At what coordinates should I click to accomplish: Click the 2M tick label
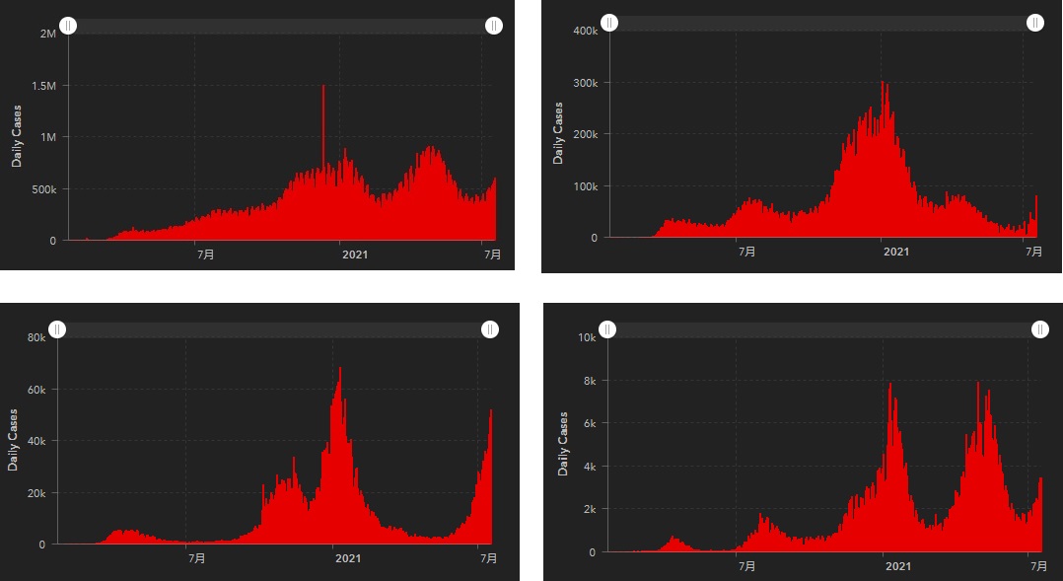[47, 34]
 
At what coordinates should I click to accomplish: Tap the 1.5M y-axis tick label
[42, 86]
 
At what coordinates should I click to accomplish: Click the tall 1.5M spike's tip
[322, 87]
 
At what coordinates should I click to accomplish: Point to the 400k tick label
[586, 31]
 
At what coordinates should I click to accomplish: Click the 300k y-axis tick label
[586, 83]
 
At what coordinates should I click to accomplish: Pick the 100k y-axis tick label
[586, 186]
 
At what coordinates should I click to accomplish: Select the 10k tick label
[586, 337]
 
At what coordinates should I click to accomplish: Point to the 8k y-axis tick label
[589, 381]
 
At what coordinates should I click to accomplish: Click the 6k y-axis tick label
[589, 424]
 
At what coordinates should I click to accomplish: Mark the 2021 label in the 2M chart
[355, 254]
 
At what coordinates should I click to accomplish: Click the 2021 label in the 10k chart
[897, 566]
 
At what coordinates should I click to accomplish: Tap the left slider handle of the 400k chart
[610, 22]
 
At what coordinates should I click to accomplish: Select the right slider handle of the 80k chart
[490, 328]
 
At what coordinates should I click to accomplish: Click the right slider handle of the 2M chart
[494, 26]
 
